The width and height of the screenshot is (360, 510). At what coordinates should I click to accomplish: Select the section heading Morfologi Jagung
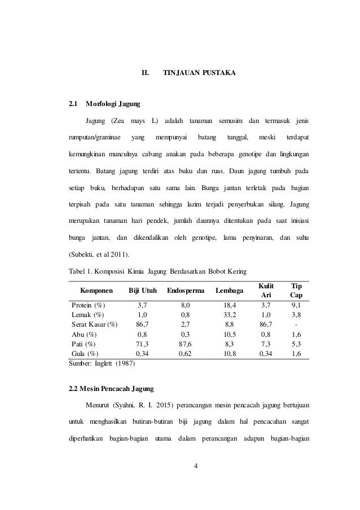(112, 104)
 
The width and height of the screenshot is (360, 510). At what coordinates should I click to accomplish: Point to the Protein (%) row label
(90, 305)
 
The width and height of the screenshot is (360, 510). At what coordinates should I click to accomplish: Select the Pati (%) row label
(84, 344)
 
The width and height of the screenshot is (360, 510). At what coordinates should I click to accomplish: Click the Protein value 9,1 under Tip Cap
(295, 305)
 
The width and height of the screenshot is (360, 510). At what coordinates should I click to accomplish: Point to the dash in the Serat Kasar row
(295, 324)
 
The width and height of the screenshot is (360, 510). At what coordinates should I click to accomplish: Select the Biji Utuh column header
(143, 291)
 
